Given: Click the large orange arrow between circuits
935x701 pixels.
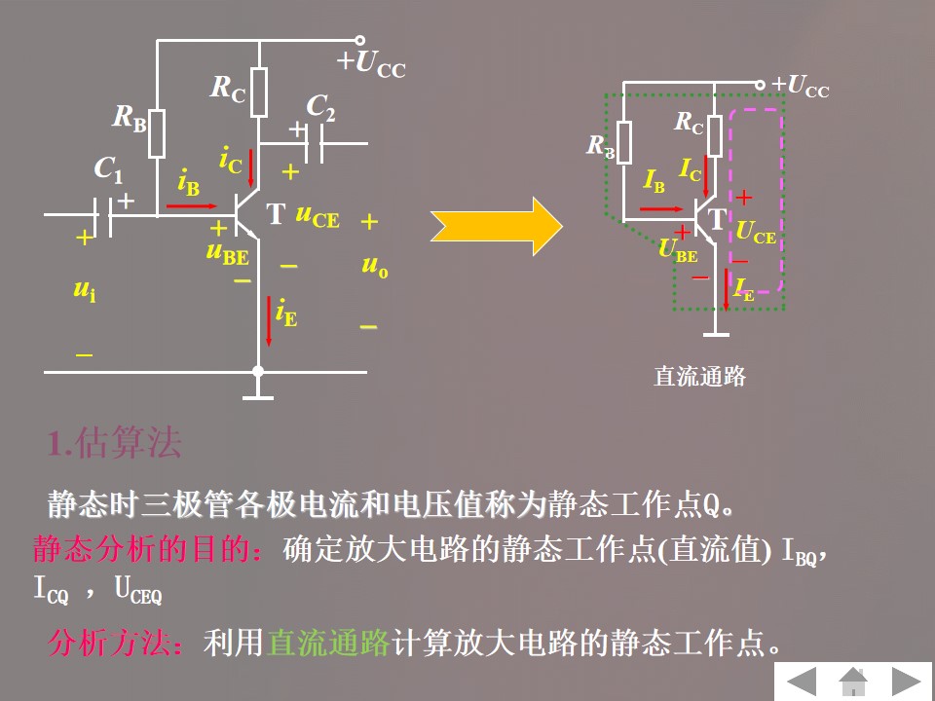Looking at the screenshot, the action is pos(497,226).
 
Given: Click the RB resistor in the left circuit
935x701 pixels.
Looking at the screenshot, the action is pos(157,133).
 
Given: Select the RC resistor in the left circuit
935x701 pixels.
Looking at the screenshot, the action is pos(258,92).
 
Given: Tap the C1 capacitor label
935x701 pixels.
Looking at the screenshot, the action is pos(108,169).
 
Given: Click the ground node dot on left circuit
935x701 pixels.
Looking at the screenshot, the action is pos(258,371).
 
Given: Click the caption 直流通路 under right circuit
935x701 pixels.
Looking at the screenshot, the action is pos(698,377).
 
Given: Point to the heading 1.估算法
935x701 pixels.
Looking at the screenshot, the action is pos(115,444).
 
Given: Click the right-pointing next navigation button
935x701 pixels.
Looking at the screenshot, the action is pos(910,681).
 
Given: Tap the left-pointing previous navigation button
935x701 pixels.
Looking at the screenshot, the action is pos(801,681).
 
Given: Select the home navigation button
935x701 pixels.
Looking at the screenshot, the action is pos(855,681).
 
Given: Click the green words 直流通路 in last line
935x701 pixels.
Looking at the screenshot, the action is pos(328,643).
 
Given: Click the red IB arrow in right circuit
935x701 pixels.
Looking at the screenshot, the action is pos(662,207).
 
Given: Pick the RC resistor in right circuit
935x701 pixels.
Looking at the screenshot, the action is pos(715,135).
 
